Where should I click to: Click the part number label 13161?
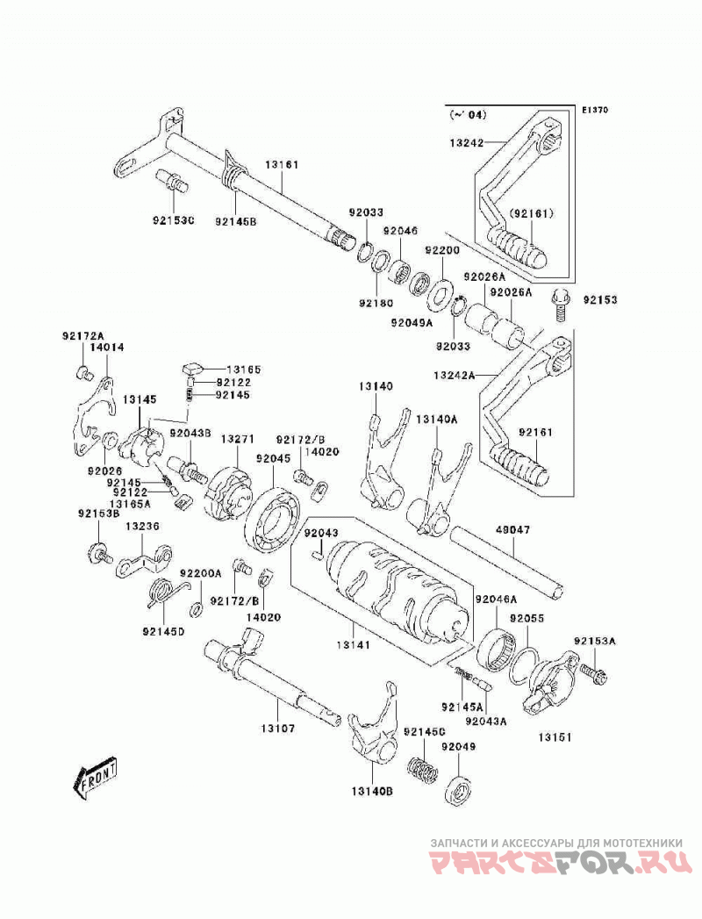click(x=282, y=165)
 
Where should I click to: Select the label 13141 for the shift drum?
click(x=353, y=645)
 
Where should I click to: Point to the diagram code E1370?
click(x=595, y=109)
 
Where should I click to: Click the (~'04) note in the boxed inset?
click(x=469, y=116)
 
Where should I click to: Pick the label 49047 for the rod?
click(x=512, y=530)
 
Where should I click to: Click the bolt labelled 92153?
click(x=559, y=304)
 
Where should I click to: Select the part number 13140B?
click(x=372, y=791)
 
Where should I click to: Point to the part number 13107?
click(x=278, y=729)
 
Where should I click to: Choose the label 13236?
click(x=142, y=527)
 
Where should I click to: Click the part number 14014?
click(x=107, y=347)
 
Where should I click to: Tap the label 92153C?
click(x=174, y=221)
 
